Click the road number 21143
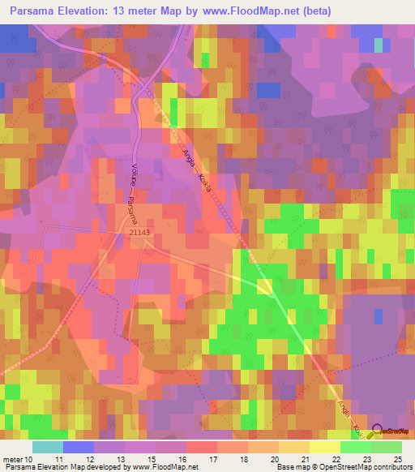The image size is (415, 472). pyautogui.click(x=140, y=232)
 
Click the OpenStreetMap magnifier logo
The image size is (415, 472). pyautogui.click(x=378, y=430)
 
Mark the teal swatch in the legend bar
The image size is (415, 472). pyautogui.click(x=48, y=447)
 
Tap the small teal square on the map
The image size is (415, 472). pyautogui.click(x=378, y=45)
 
